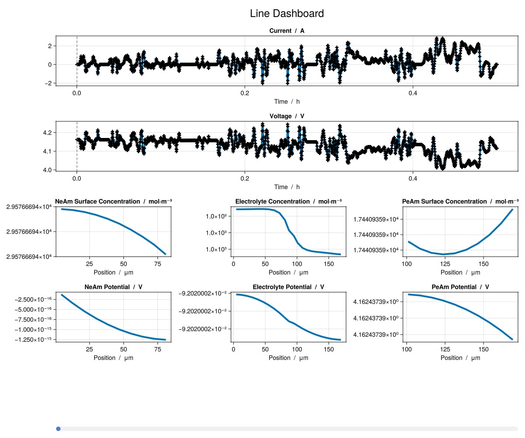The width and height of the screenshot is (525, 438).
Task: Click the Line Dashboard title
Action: pyautogui.click(x=287, y=14)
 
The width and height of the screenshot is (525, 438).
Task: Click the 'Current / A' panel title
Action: pyautogui.click(x=287, y=31)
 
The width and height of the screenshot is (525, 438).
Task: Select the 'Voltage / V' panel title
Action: pyautogui.click(x=287, y=116)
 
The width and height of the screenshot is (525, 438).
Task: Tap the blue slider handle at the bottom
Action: pyautogui.click(x=58, y=429)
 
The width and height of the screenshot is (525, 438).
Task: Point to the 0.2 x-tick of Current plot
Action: pyautogui.click(x=245, y=93)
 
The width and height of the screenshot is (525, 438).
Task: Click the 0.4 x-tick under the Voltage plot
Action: pyautogui.click(x=413, y=178)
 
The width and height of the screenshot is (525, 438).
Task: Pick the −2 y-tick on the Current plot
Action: pyautogui.click(x=49, y=83)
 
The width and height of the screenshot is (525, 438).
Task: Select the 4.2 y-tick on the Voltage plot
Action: pyautogui.click(x=47, y=133)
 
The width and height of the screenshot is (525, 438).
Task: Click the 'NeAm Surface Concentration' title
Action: pyautogui.click(x=113, y=201)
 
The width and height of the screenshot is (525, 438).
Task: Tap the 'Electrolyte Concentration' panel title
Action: pyautogui.click(x=288, y=201)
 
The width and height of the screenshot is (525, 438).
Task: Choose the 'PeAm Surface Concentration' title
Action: pyautogui.click(x=460, y=201)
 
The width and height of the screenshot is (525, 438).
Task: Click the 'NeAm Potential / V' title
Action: pyautogui.click(x=113, y=287)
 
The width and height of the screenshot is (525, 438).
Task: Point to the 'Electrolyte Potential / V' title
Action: pyautogui.click(x=288, y=287)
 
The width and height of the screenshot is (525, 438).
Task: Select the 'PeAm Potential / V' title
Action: pyautogui.click(x=460, y=287)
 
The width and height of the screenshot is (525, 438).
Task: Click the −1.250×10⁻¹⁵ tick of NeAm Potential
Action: pyautogui.click(x=33, y=339)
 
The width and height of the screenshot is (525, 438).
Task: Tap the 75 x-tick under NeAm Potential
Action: pyautogui.click(x=157, y=350)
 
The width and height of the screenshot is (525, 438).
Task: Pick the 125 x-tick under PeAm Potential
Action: pyautogui.click(x=445, y=350)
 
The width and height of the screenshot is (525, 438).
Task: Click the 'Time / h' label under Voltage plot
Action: pyautogui.click(x=287, y=187)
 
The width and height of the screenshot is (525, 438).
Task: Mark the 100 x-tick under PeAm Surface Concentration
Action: pyautogui.click(x=407, y=264)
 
